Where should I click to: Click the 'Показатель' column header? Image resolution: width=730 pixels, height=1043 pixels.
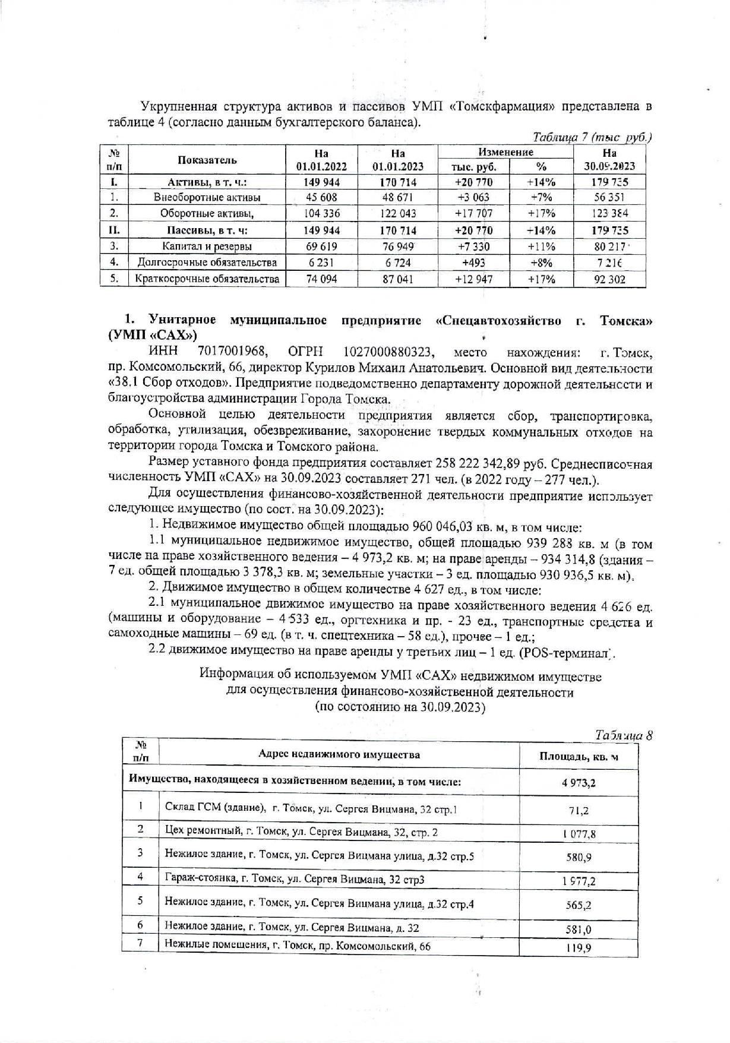click(207, 160)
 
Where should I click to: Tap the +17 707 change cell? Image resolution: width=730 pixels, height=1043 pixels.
click(473, 213)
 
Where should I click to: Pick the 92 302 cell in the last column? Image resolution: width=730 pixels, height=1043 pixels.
click(609, 279)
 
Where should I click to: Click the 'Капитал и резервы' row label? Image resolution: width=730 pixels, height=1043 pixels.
click(207, 246)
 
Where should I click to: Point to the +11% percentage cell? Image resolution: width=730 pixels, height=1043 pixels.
click(541, 246)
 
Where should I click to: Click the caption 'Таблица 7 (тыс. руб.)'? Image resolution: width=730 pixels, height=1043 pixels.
click(592, 137)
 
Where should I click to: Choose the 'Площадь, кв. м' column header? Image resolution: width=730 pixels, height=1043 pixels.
click(579, 756)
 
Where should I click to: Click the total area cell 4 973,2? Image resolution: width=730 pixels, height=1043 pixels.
click(579, 782)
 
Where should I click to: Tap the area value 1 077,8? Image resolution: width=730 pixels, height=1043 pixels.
click(579, 833)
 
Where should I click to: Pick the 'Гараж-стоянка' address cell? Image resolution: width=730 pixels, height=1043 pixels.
click(295, 878)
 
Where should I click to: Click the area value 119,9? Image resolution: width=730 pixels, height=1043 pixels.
click(579, 948)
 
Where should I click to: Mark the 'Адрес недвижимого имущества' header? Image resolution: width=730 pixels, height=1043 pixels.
click(339, 755)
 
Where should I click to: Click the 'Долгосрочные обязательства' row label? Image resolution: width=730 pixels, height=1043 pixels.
click(207, 262)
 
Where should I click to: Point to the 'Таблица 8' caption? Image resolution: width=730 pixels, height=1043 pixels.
click(624, 735)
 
